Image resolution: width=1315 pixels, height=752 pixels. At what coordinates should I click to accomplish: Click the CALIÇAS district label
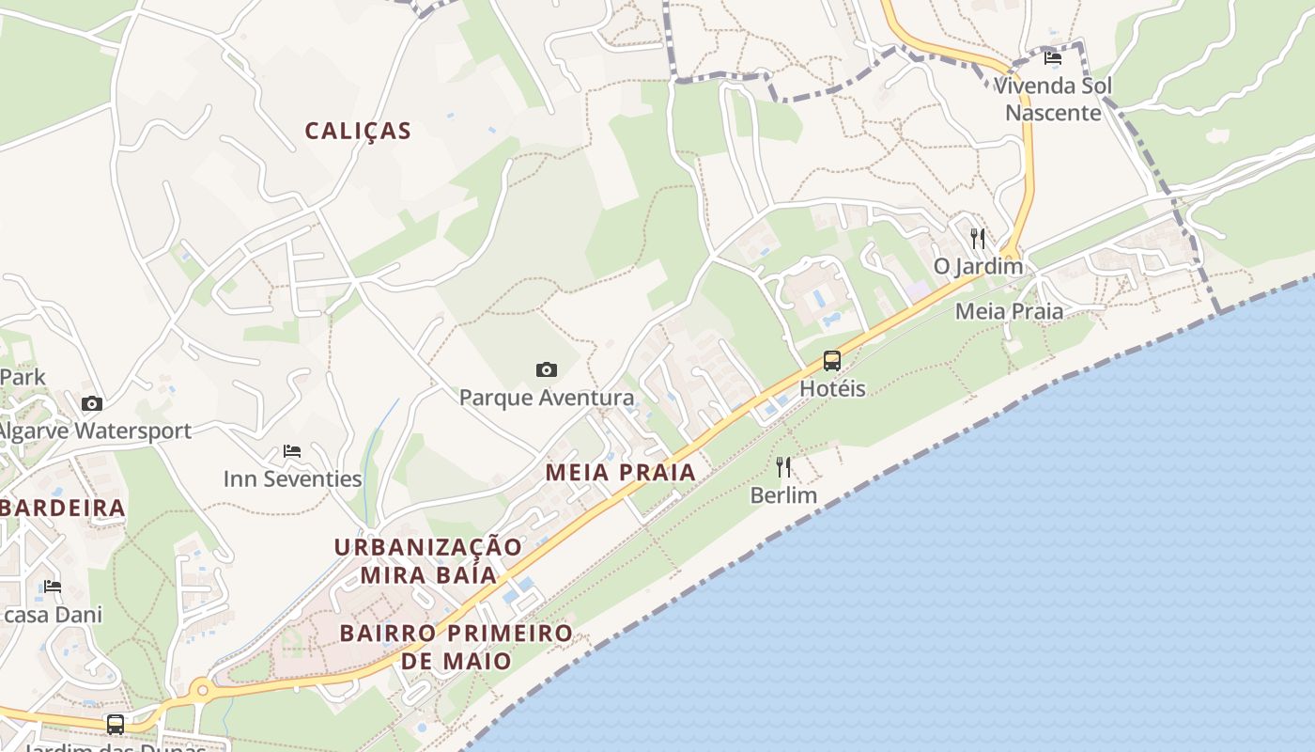click(358, 131)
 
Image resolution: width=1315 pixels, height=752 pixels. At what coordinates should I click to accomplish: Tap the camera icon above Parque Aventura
click(547, 369)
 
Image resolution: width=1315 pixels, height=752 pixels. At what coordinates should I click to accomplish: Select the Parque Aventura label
click(547, 398)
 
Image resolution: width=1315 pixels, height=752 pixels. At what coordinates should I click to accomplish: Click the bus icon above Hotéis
click(832, 360)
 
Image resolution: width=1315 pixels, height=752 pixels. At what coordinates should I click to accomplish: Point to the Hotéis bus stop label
click(832, 388)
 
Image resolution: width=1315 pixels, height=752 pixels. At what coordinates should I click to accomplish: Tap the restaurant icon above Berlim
click(783, 466)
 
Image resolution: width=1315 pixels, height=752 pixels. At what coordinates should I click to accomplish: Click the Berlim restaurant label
click(783, 494)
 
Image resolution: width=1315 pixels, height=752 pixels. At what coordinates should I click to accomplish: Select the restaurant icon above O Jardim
click(978, 238)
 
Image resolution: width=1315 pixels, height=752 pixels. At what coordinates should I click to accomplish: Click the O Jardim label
click(978, 266)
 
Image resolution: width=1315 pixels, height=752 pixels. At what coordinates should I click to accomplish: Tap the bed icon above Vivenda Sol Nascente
click(1053, 57)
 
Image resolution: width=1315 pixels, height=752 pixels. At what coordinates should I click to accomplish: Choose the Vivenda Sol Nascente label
click(1053, 99)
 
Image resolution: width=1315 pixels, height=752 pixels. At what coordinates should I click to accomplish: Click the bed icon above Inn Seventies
click(292, 450)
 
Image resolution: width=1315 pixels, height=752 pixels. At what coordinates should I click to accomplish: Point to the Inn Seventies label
click(292, 478)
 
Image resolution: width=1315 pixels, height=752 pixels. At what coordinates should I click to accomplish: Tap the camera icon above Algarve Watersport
click(92, 403)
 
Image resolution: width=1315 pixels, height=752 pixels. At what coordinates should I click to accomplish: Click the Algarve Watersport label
click(94, 431)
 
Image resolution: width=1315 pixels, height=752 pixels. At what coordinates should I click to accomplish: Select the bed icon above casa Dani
click(53, 586)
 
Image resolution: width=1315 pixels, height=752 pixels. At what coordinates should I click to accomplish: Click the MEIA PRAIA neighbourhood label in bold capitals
click(621, 472)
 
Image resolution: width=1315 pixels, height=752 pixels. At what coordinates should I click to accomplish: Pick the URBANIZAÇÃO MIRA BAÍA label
click(428, 560)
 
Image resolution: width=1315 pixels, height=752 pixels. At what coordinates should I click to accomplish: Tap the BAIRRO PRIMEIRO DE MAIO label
click(456, 647)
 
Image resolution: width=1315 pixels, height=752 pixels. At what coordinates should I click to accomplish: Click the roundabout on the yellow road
click(201, 691)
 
